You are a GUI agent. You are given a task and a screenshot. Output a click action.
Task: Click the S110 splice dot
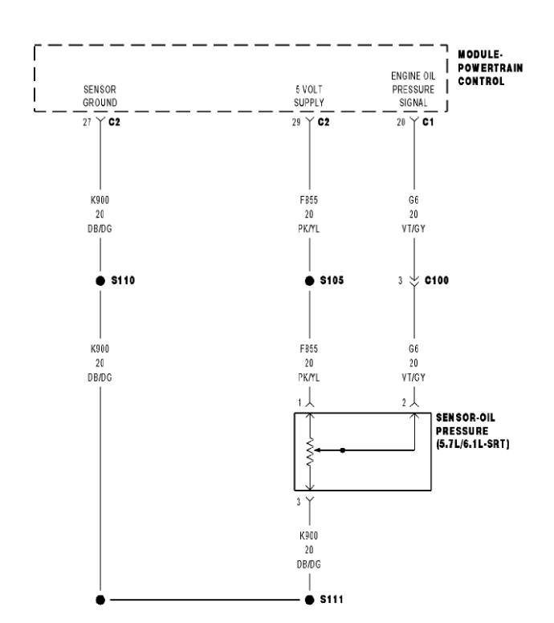[x=100, y=281]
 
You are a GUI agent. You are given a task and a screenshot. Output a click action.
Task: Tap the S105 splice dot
[x=309, y=281]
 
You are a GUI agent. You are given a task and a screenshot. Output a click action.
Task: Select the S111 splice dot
[x=309, y=600]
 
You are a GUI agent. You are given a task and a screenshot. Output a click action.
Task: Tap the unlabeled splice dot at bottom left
[x=100, y=600]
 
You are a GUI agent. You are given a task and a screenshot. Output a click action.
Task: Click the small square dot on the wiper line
[x=343, y=450]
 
